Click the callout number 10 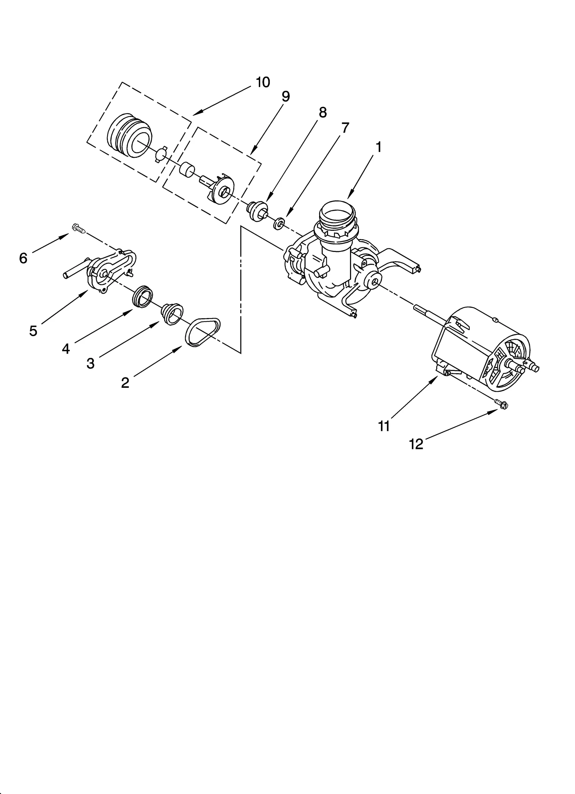coord(263,82)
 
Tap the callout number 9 coord(285,97)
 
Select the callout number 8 coord(322,113)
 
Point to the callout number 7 coord(345,128)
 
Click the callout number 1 coord(378,147)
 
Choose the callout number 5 coord(33,331)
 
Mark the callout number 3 coord(90,363)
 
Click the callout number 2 coord(125,382)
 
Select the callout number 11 coord(384,426)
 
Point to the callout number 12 coord(416,445)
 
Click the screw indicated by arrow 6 coord(78,228)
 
